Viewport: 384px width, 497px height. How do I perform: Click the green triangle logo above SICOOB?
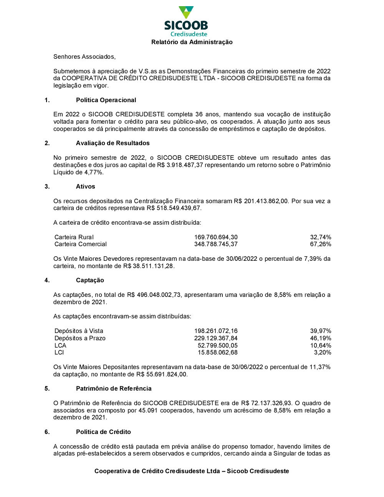point(186,12)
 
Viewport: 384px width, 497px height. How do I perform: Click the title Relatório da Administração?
point(192,42)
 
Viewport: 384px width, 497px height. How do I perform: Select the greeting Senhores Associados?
point(84,57)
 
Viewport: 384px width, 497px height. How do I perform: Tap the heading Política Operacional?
point(106,100)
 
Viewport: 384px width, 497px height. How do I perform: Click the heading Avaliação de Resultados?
point(113,143)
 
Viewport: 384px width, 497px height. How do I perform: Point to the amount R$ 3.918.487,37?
point(180,165)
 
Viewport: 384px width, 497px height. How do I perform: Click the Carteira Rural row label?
point(74,237)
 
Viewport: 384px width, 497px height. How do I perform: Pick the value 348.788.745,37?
point(216,244)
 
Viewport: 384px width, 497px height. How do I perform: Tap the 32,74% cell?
point(321,237)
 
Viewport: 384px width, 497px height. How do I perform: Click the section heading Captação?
point(90,280)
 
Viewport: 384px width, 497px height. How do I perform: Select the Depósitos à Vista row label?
point(79,331)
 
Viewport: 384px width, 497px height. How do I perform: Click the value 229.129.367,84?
point(216,338)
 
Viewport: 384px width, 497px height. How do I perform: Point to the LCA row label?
point(60,346)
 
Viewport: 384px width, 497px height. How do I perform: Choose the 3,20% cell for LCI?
point(323,353)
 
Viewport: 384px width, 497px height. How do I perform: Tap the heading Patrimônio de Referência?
point(114,389)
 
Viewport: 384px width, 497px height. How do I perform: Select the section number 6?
point(47,432)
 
